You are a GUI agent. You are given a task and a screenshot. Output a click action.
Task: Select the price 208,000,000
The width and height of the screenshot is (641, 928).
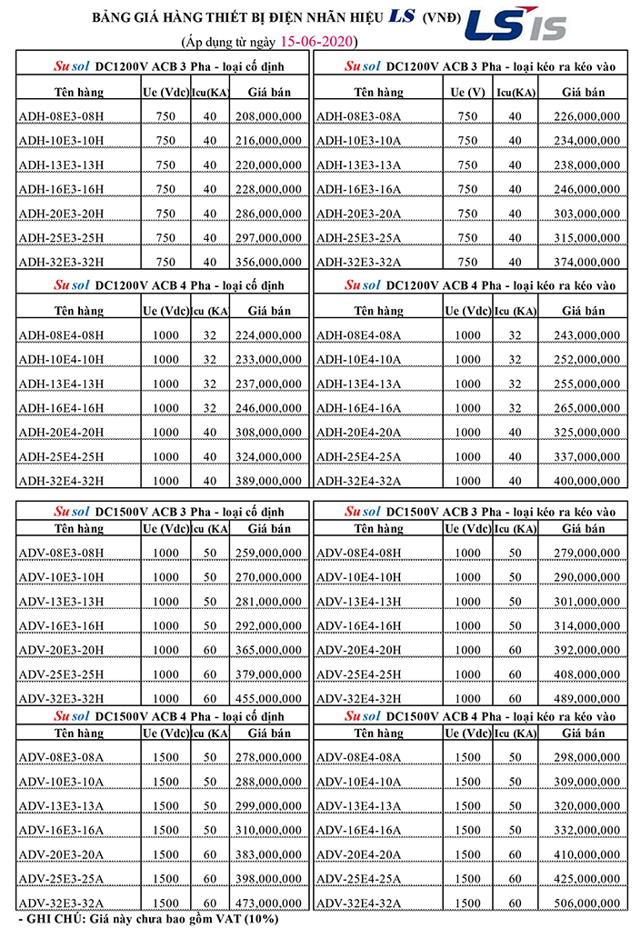[x=268, y=116]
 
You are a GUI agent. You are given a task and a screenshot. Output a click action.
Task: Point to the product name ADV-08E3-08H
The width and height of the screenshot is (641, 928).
[x=61, y=553]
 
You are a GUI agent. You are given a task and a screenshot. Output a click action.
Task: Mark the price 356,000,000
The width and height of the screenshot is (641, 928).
[x=268, y=262]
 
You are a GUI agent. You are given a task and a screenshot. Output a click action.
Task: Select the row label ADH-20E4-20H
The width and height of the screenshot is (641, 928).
[x=61, y=432]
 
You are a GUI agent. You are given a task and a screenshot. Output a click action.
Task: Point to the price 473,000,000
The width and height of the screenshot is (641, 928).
[x=268, y=903]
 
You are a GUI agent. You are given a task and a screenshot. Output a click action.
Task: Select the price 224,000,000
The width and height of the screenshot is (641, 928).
[x=268, y=334]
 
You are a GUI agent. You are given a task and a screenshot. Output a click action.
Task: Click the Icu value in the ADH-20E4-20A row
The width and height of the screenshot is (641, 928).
[x=515, y=432]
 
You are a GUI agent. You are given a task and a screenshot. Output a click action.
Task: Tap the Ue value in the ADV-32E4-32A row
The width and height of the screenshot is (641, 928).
[x=467, y=903]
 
